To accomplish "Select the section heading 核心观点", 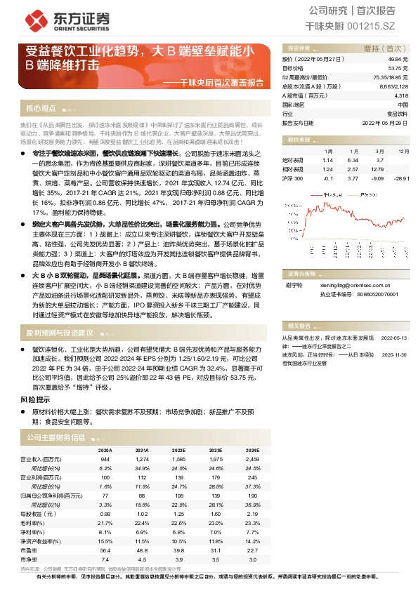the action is pos(41,108).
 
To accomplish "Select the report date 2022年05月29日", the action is pos(385,122).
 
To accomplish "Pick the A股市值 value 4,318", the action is pos(401,95).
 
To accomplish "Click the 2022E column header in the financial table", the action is pos(178,450).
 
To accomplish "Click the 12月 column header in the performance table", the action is pos(402,151).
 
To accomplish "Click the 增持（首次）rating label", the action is pos(380,48).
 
